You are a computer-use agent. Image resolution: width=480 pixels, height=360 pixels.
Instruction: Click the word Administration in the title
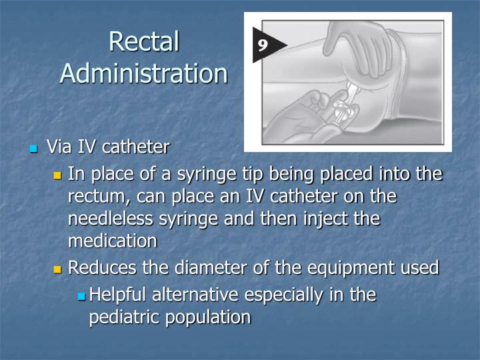[x=143, y=73]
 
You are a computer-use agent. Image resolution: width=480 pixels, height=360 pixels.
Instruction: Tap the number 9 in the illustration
[x=263, y=46]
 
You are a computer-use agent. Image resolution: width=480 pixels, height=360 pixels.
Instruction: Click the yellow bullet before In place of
[x=57, y=175]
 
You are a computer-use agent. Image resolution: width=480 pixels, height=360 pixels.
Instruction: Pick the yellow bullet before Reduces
[x=57, y=269]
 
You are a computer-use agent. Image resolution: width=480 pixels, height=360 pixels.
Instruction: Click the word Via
[x=59, y=147]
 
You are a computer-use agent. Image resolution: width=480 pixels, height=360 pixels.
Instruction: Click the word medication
[x=112, y=240]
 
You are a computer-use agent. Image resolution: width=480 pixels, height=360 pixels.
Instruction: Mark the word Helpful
[x=119, y=294]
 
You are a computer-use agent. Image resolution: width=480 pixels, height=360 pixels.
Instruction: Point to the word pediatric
[x=120, y=317]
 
